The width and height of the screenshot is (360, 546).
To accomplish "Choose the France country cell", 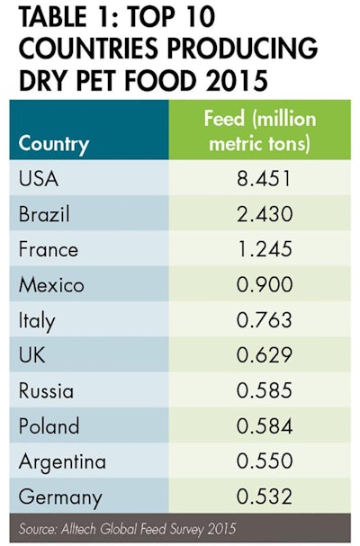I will pyautogui.click(x=48, y=249).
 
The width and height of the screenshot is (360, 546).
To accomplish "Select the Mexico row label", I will pyautogui.click(x=51, y=285).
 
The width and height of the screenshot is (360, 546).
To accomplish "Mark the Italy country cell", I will pyautogui.click(x=37, y=320).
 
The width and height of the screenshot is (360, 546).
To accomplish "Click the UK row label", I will pyautogui.click(x=31, y=355).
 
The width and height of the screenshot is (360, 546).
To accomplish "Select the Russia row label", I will pyautogui.click(x=46, y=390).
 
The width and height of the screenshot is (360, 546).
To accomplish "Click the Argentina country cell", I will pyautogui.click(x=61, y=461).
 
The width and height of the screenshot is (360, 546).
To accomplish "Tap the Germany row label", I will pyautogui.click(x=58, y=497).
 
